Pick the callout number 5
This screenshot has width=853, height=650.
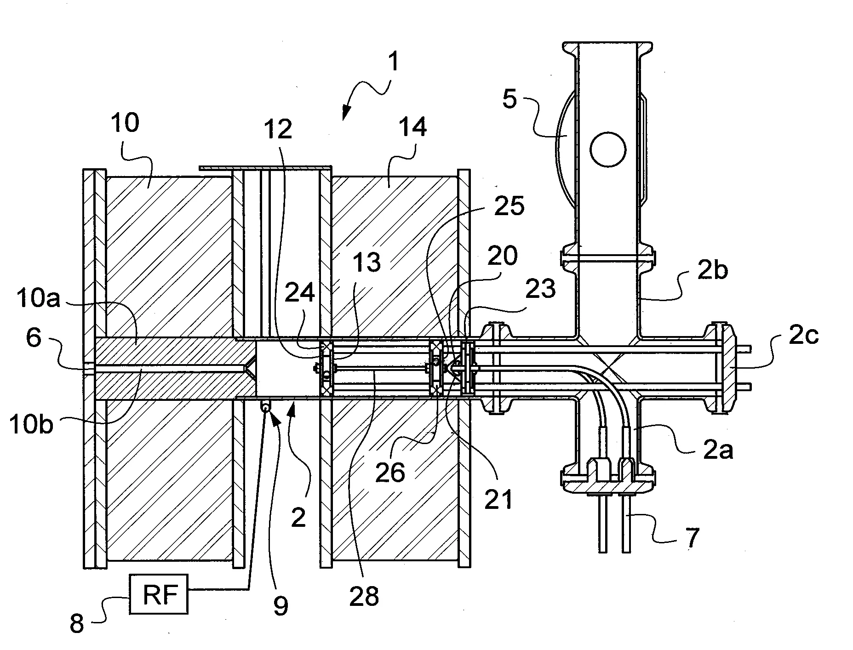pos(510,99)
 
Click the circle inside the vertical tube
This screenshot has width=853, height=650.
pos(608,150)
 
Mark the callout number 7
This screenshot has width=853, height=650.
pos(693,536)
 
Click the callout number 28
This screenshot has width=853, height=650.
pos(364,596)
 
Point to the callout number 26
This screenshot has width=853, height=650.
pos(390,472)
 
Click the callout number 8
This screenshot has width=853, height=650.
pos(77,624)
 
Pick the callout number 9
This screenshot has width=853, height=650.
pos(281,605)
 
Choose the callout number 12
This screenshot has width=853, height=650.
pos(278,129)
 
